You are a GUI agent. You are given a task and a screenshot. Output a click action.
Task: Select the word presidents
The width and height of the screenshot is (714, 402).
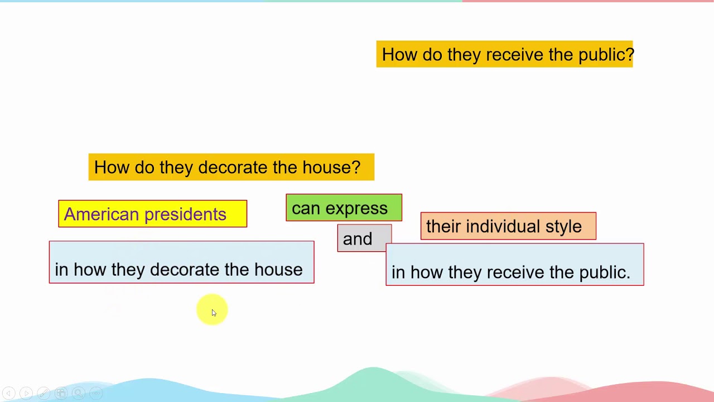[x=186, y=214]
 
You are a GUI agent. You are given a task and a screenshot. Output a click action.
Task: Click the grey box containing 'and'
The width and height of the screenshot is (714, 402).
[x=364, y=238]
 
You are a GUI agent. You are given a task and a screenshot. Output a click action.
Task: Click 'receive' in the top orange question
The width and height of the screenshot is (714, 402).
[x=514, y=55]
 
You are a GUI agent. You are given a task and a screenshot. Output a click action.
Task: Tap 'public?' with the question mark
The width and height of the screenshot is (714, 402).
[x=606, y=55]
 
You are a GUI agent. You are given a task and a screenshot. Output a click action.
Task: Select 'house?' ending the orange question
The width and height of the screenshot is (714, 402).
[x=331, y=167]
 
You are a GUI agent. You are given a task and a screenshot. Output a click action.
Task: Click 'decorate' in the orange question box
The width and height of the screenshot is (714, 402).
[x=233, y=167]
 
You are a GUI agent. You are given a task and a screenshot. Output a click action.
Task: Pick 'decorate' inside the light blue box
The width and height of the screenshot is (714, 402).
[x=185, y=270]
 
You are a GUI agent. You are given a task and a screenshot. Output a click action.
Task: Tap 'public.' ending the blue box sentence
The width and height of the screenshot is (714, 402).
[x=605, y=273]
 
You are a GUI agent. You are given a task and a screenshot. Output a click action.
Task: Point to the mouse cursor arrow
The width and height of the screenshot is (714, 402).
[x=214, y=313]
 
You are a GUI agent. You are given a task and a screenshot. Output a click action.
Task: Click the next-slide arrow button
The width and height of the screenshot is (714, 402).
[x=26, y=393]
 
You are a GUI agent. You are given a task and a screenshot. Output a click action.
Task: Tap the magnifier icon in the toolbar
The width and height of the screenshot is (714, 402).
[x=79, y=393]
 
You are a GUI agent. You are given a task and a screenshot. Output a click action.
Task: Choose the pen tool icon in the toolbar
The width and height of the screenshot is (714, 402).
[x=44, y=393]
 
